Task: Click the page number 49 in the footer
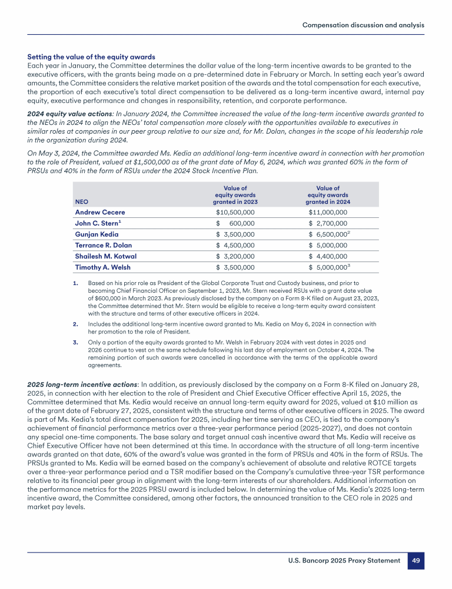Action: click(x=416, y=561)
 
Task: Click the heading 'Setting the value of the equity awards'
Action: click(x=91, y=57)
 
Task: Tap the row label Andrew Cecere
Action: click(x=100, y=212)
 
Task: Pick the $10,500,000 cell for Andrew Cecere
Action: click(x=235, y=212)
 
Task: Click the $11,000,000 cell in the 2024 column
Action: click(x=328, y=212)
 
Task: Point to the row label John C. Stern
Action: click(x=98, y=223)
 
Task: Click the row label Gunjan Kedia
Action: click(x=97, y=234)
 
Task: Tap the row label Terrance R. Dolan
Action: click(x=104, y=245)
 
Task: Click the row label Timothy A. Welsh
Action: click(x=103, y=267)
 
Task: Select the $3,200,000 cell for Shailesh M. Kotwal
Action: click(x=235, y=256)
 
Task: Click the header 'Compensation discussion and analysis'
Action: click(x=363, y=25)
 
